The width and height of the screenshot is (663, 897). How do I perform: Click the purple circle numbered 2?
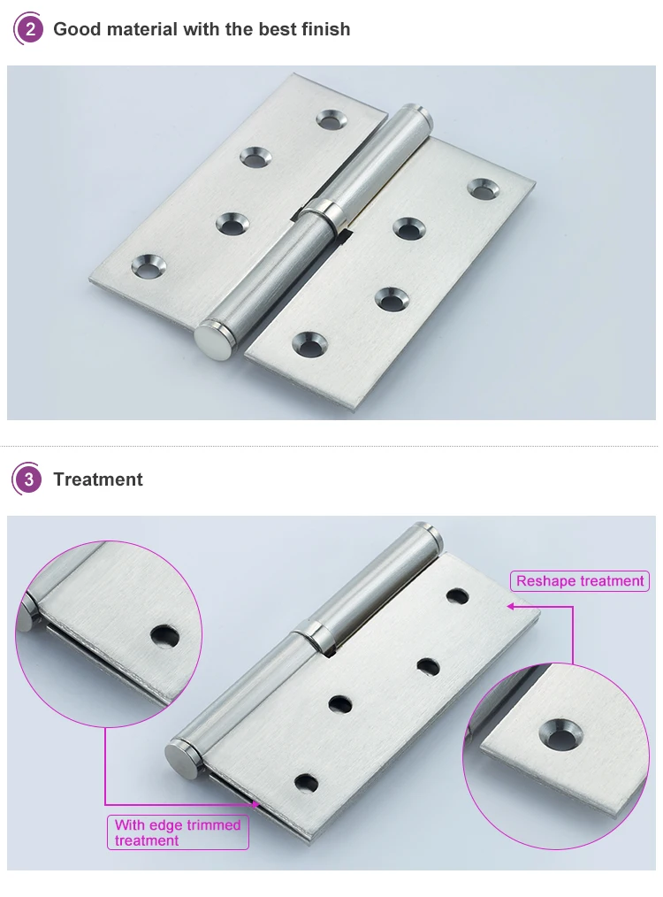pyautogui.click(x=29, y=29)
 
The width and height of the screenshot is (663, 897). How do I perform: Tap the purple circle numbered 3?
pyautogui.click(x=29, y=479)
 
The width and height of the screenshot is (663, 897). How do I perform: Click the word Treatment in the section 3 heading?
pyautogui.click(x=98, y=479)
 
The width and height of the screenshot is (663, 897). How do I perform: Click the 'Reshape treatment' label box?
pyautogui.click(x=581, y=581)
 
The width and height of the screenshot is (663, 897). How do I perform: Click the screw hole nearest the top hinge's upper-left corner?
pyautogui.click(x=331, y=118)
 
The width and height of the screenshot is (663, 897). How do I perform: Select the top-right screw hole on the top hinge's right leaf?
pyautogui.click(x=483, y=188)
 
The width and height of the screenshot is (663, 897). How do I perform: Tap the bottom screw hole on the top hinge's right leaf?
pyautogui.click(x=310, y=343)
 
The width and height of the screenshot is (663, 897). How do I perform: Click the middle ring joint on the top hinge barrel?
pyautogui.click(x=322, y=211)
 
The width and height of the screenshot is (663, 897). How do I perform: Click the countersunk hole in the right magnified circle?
pyautogui.click(x=560, y=732)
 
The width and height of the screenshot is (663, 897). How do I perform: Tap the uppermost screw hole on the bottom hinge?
pyautogui.click(x=457, y=596)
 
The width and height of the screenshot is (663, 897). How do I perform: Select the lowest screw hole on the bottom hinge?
pyautogui.click(x=306, y=782)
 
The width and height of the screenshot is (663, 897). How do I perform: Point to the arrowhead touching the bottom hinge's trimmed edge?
pyautogui.click(x=256, y=805)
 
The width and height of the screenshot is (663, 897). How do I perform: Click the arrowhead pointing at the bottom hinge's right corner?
pyautogui.click(x=511, y=607)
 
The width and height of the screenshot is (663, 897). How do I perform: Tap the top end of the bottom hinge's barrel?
pyautogui.click(x=423, y=535)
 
